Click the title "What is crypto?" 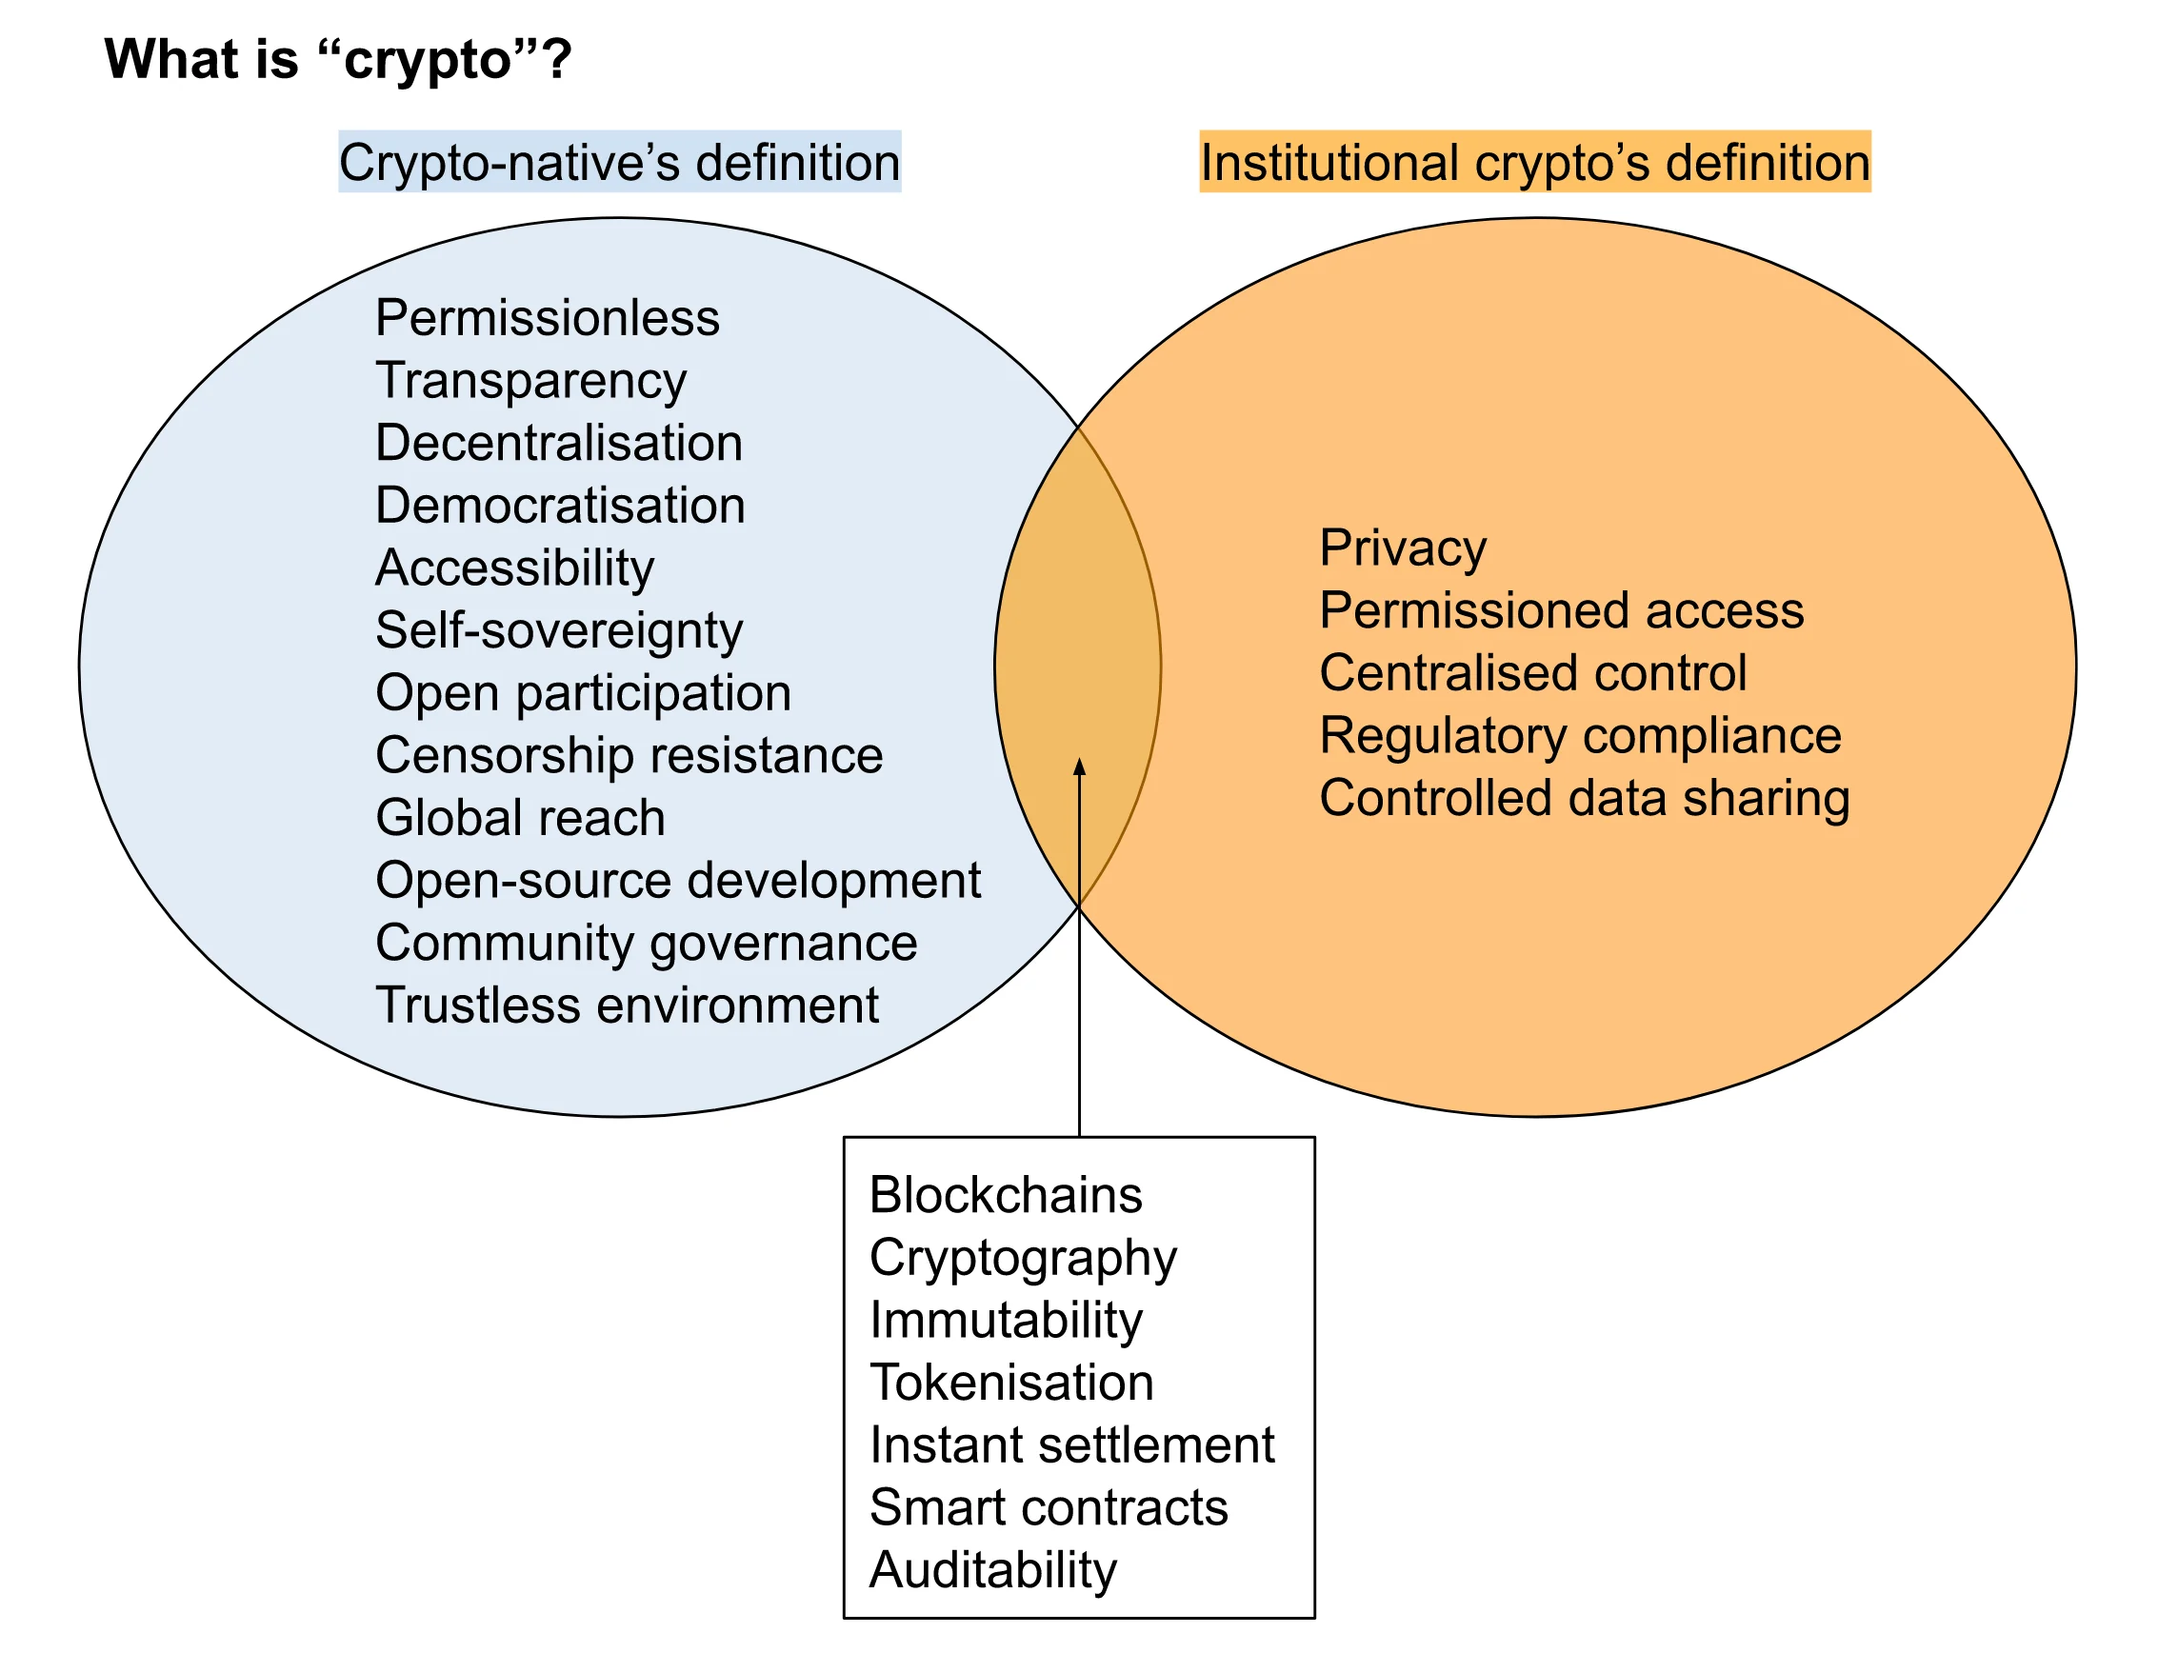coord(337,59)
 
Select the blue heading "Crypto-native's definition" coord(619,162)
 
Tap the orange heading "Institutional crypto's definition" coord(1534,162)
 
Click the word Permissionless coord(548,318)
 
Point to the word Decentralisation coord(559,443)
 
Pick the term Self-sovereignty coord(559,630)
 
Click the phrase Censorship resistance coord(629,756)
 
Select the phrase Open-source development coord(678,881)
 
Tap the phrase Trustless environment coord(627,1006)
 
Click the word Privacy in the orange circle coord(1402,548)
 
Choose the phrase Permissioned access coord(1562,611)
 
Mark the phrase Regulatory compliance coord(1580,736)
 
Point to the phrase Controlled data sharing coord(1585,798)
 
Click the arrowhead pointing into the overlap coord(1080,767)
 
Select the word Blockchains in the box coord(1006,1196)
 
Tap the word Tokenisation coord(1011,1384)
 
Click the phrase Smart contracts coord(1049,1508)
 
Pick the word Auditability coord(993,1570)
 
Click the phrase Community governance coord(647,943)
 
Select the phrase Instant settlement coord(1071,1445)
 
